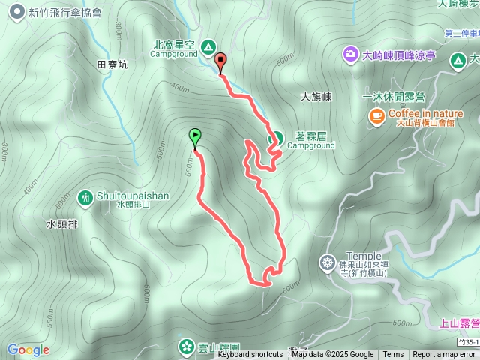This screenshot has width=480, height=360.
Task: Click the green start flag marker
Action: click(195, 136)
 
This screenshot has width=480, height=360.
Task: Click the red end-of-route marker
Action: click(220, 61)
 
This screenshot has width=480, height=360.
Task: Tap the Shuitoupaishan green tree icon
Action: click(85, 197)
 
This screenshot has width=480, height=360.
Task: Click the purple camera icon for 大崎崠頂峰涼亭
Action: click(350, 54)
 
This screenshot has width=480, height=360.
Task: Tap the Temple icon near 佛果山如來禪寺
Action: click(327, 262)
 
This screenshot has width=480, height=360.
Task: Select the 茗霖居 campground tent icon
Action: click(276, 138)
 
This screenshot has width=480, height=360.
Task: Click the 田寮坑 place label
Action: click(112, 65)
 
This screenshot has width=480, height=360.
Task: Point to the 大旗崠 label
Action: click(316, 97)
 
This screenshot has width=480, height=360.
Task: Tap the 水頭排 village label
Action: click(61, 224)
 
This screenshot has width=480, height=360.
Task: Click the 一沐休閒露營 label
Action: click(394, 97)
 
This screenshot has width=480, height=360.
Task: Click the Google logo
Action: click(28, 349)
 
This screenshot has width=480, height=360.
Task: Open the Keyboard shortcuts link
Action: click(250, 355)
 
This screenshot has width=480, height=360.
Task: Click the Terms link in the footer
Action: click(393, 355)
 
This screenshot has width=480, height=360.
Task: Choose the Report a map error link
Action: click(444, 355)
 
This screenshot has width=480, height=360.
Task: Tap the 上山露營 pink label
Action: click(459, 324)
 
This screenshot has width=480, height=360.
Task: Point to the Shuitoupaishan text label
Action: click(133, 196)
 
